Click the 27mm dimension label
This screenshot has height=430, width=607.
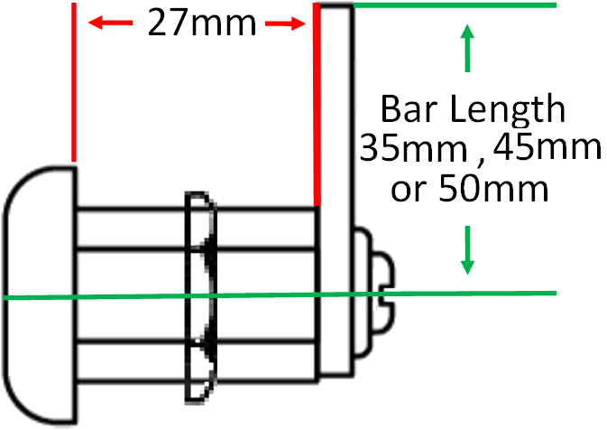[x=202, y=23]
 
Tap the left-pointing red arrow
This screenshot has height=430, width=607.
[x=110, y=23]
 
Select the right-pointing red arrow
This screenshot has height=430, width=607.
[x=285, y=23]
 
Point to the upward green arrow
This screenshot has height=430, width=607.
[x=467, y=48]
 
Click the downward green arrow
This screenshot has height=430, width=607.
[x=467, y=250]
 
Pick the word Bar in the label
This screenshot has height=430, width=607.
[x=412, y=109]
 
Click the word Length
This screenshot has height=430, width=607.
[x=509, y=111]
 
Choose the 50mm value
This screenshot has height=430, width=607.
[x=493, y=189]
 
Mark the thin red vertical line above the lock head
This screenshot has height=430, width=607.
[x=74, y=82]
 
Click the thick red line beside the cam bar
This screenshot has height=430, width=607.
[x=317, y=104]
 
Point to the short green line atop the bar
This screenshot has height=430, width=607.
[x=455, y=5]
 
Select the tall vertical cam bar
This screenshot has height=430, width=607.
[x=336, y=190]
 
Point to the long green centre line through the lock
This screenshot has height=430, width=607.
[x=280, y=295]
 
